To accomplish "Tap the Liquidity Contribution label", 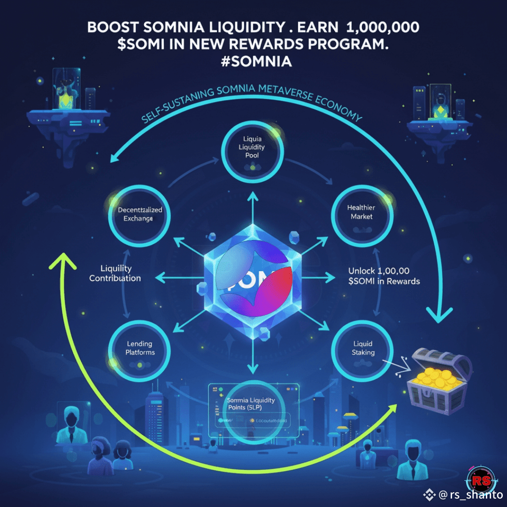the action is point(115,273).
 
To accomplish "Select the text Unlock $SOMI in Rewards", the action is point(384,276).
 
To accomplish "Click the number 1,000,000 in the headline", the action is point(382,27).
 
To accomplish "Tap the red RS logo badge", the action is point(480,479).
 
